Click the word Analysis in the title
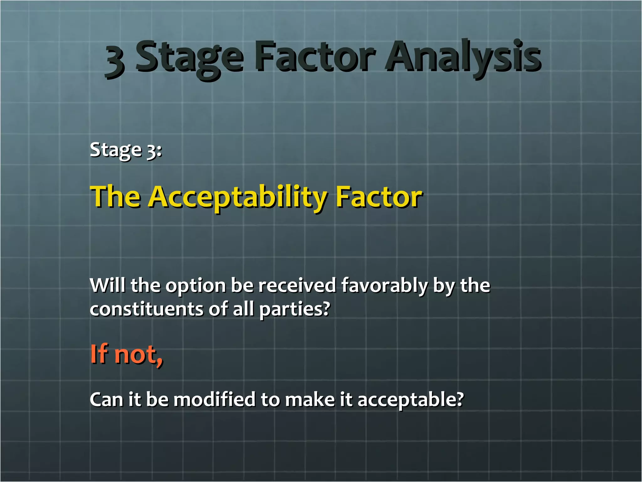coord(463,57)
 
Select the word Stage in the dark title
coord(189,58)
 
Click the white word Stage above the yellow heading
coord(116,150)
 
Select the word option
coord(196,286)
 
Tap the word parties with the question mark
coord(294,310)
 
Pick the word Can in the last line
coord(106,399)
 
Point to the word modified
coord(214,399)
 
